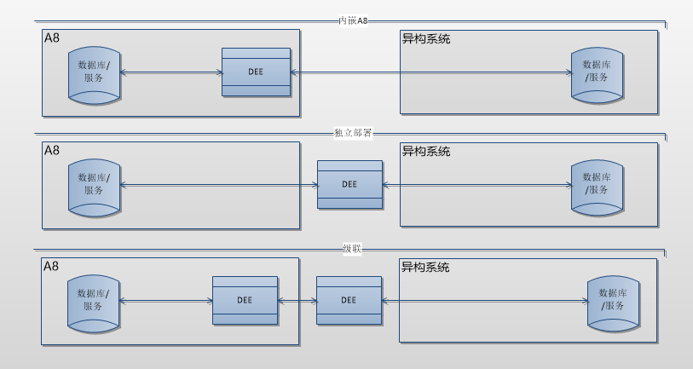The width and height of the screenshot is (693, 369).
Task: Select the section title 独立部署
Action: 352,132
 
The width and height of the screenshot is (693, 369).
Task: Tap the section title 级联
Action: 352,248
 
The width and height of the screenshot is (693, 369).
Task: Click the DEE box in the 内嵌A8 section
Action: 256,72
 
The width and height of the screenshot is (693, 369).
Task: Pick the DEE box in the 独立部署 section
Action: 349,184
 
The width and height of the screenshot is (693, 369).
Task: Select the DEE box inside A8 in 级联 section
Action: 245,300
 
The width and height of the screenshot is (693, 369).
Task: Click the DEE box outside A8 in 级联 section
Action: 349,300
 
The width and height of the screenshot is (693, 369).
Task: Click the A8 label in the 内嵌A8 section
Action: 53,38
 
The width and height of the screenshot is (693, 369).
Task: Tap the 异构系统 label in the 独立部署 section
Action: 425,151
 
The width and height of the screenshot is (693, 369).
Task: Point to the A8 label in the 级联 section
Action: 52,267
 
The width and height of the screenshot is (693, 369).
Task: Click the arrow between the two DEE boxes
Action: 297,300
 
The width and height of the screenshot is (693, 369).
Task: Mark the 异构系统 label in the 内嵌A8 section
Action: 425,38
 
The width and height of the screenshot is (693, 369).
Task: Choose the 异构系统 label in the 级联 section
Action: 425,267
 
